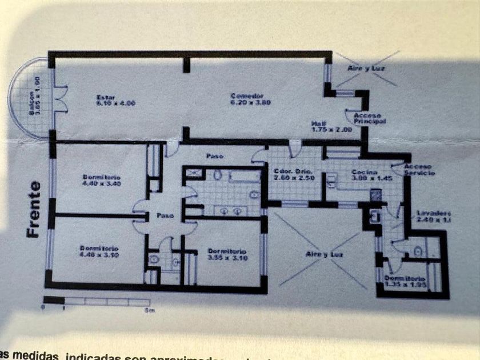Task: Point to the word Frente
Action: (x=35, y=210)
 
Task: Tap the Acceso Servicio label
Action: (x=419, y=170)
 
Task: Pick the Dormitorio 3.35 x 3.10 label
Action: (x=227, y=254)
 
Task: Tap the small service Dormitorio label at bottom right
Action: (x=406, y=281)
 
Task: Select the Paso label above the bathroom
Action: (x=215, y=155)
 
